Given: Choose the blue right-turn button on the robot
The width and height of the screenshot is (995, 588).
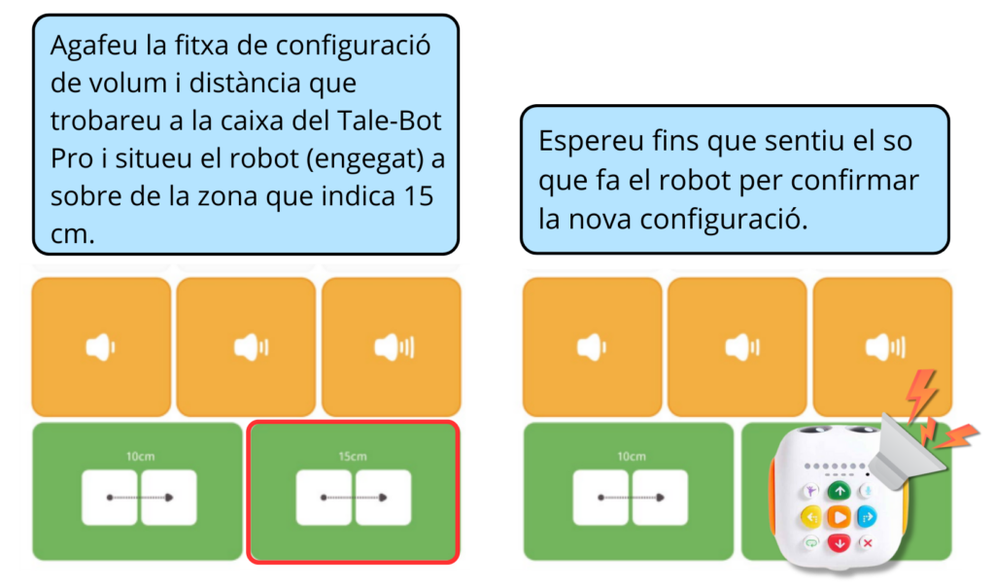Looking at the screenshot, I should (x=866, y=517).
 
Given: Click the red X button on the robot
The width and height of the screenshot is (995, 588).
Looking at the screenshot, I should (x=867, y=542).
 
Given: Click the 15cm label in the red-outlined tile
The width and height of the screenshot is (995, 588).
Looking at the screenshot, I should (x=352, y=455).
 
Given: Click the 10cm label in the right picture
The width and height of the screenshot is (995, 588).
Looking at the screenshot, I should (x=631, y=455).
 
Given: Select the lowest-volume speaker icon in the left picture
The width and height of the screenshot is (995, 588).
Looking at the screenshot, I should (x=100, y=347).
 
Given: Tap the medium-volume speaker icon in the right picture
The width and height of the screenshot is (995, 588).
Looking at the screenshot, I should (x=738, y=347).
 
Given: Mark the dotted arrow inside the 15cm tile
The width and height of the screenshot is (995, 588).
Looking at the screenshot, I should (x=352, y=498).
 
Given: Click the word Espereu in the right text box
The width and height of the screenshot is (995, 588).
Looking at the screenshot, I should (x=583, y=141).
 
